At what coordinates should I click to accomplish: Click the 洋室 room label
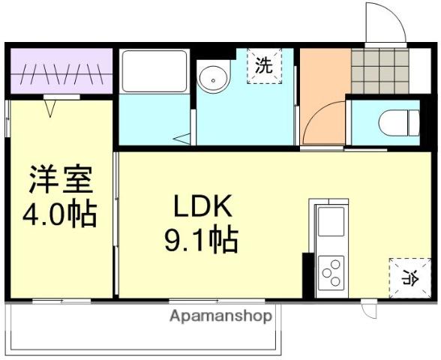pyautogui.click(x=61, y=179)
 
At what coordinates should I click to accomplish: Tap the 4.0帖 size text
pyautogui.click(x=60, y=214)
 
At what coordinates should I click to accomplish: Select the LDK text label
pyautogui.click(x=203, y=206)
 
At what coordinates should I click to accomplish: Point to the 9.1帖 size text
pyautogui.click(x=201, y=239)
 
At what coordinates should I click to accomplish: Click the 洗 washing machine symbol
pyautogui.click(x=264, y=66)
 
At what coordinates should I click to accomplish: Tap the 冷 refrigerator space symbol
pyautogui.click(x=410, y=277)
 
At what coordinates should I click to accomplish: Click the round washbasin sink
pyautogui.click(x=213, y=79)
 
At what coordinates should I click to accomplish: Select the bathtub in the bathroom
pyautogui.click(x=154, y=70)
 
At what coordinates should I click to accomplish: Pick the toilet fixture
pyautogui.click(x=399, y=123)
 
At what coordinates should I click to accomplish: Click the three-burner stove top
pyautogui.click(x=331, y=273)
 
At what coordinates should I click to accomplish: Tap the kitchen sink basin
pyautogui.click(x=331, y=222)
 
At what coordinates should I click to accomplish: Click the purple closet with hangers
pyautogui.click(x=61, y=70)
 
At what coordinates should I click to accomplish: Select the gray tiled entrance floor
pyautogui.click(x=380, y=70)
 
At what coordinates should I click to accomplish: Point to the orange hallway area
pyautogui.click(x=323, y=97)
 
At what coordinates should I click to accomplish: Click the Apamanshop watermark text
pyautogui.click(x=220, y=316)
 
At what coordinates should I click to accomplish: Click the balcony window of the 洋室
pyautogui.click(x=61, y=301)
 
